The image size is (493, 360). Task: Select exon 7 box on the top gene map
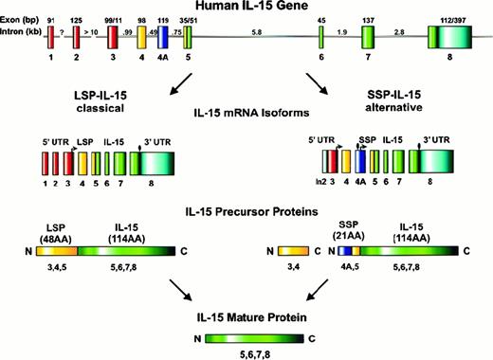coord(368,44)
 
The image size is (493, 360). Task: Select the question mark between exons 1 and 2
coord(63,32)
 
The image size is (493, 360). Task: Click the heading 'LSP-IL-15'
coord(86,99)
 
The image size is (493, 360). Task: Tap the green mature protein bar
coord(246,336)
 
